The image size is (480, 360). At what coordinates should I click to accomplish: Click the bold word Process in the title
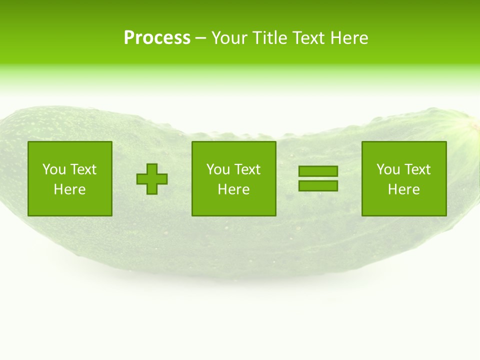pos(157,38)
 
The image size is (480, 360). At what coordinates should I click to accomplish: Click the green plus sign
pos(152,179)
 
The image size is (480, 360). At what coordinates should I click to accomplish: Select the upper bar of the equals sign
pos(318,171)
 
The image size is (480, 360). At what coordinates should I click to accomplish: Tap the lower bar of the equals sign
pos(318,185)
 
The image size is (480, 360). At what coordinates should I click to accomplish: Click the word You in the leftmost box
pos(54,169)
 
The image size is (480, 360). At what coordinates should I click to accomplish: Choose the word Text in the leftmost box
pos(82,169)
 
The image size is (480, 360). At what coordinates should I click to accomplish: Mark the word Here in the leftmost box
pos(69,189)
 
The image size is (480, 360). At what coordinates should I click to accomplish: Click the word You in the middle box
pos(218,169)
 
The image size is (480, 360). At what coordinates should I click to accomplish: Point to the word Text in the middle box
pos(246,169)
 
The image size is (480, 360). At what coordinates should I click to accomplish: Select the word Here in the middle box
pos(233,189)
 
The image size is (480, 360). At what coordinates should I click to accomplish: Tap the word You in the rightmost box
pos(388,169)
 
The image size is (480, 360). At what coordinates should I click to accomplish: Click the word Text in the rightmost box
pos(416,169)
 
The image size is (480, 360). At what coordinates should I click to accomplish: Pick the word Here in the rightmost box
pos(403,189)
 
